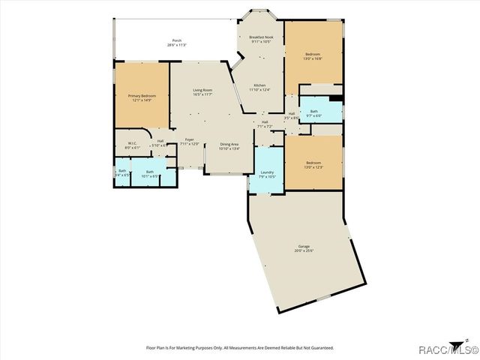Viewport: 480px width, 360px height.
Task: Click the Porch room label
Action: click(x=177, y=40)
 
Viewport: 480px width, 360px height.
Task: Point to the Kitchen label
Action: click(x=259, y=85)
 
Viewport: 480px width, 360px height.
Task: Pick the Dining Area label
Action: click(x=229, y=144)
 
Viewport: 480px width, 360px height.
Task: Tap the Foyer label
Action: click(x=190, y=139)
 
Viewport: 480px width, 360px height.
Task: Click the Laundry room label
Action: click(x=267, y=172)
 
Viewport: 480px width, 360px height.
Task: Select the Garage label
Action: click(x=304, y=246)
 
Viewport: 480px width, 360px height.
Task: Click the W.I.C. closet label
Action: click(x=131, y=143)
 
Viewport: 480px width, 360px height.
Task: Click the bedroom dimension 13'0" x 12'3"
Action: click(x=313, y=167)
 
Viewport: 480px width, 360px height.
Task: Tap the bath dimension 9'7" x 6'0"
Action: click(x=313, y=115)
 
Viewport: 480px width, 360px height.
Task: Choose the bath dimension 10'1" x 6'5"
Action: click(x=149, y=176)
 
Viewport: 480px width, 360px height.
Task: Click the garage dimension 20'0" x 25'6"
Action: click(x=304, y=250)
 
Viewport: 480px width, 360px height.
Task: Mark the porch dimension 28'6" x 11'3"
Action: click(x=177, y=45)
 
